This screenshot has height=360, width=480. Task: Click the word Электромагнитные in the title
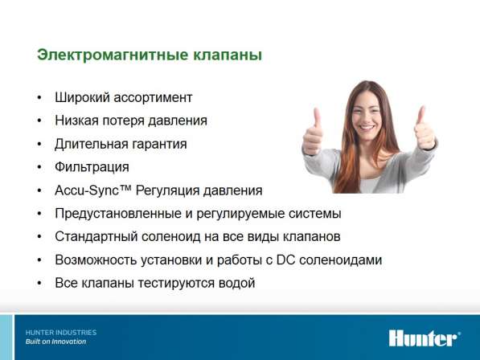click(x=113, y=55)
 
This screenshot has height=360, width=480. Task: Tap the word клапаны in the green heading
click(x=228, y=55)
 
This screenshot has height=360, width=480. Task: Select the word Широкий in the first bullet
click(x=82, y=97)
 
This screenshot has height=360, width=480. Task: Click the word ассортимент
click(x=153, y=98)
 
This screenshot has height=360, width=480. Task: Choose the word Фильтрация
click(x=92, y=167)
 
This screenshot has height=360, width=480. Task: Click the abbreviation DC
click(x=286, y=260)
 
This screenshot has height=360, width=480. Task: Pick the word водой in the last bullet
click(x=236, y=283)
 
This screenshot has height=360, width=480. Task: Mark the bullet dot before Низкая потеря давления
click(x=39, y=121)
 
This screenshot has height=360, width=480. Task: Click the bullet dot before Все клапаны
click(x=39, y=283)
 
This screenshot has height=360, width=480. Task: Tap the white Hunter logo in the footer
click(x=425, y=338)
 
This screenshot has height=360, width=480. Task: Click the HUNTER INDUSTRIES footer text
click(x=61, y=333)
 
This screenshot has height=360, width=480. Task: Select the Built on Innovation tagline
click(x=55, y=342)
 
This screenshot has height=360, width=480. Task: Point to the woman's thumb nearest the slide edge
click(x=421, y=117)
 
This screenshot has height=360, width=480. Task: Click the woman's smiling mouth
click(x=367, y=127)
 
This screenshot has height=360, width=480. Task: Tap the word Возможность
click(x=96, y=260)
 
